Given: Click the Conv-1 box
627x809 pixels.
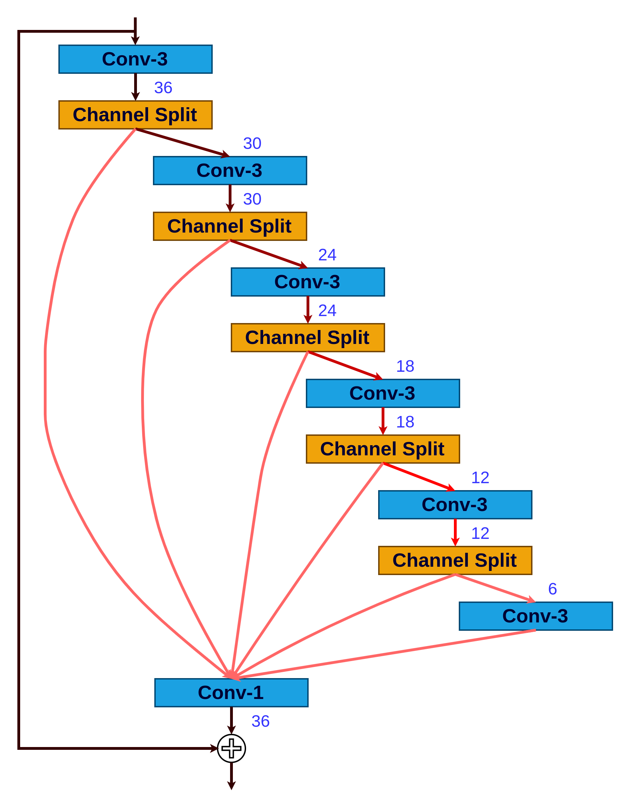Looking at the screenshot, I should click(x=231, y=693).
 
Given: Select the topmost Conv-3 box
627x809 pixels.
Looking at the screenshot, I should click(x=136, y=59).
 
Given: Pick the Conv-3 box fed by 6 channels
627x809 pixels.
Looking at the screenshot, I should click(x=536, y=616).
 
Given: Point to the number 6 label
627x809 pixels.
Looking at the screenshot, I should click(x=552, y=589).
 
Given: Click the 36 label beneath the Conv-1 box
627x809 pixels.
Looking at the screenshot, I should click(x=260, y=721).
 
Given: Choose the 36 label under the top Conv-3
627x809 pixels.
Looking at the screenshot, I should click(x=163, y=88).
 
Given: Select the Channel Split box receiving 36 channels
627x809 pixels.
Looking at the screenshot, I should click(x=136, y=115).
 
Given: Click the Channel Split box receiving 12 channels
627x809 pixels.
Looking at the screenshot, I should click(x=455, y=560).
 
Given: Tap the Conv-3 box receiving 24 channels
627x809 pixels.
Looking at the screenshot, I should click(x=308, y=282).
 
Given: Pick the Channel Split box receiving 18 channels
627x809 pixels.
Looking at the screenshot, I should click(x=383, y=449).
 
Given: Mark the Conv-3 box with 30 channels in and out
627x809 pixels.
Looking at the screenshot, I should click(x=230, y=170).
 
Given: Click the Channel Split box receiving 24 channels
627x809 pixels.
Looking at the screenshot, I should click(x=308, y=337).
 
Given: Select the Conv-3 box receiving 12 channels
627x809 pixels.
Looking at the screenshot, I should click(x=455, y=504).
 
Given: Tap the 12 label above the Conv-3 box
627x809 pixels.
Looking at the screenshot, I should click(x=480, y=478).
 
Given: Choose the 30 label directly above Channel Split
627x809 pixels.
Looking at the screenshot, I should click(x=252, y=199).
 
